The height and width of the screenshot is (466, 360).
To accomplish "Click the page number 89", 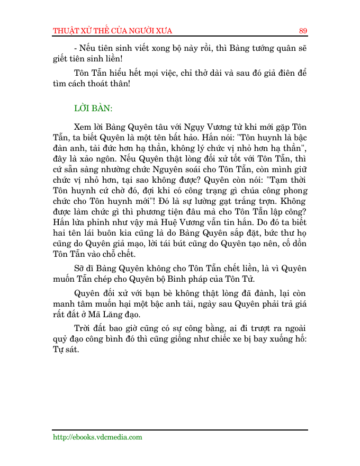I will (303, 30).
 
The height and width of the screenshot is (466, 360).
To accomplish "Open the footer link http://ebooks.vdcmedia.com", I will (97, 437).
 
